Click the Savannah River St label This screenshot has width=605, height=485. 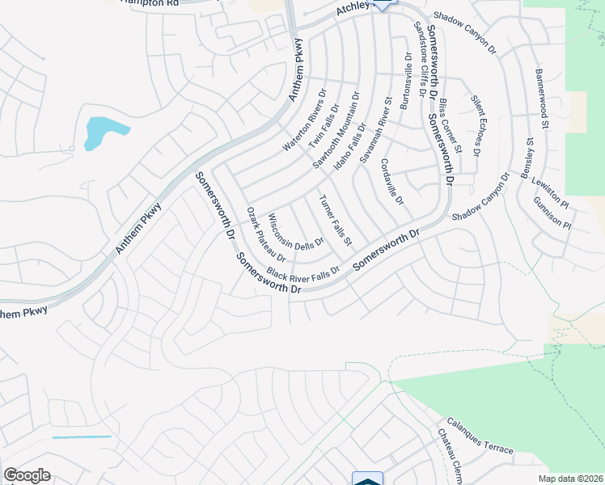click(376, 131)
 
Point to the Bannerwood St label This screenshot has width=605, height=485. click(541, 99)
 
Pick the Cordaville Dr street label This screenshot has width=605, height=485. click(393, 183)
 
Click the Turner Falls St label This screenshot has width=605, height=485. click(336, 221)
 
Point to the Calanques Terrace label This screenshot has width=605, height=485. click(480, 436)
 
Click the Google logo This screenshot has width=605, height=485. click(27, 475)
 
